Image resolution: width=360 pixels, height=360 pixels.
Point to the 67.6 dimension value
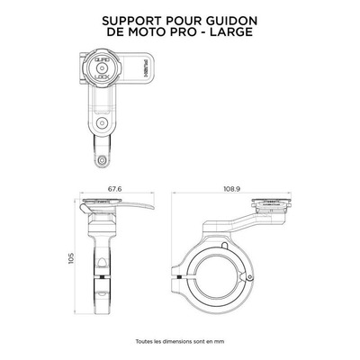(117, 189)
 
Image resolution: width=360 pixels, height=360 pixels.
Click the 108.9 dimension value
(232, 189)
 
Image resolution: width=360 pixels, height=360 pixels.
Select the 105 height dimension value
(71, 258)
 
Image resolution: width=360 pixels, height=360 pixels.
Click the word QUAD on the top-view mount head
(102, 60)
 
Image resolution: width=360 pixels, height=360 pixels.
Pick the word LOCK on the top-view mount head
(102, 77)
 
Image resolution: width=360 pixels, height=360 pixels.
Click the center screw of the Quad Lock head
(102, 68)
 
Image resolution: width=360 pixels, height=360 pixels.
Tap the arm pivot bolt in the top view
(102, 122)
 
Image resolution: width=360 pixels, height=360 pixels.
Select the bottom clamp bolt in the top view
(103, 159)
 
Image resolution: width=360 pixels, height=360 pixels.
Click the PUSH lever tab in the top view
(142, 68)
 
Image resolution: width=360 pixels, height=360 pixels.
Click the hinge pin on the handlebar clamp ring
(249, 277)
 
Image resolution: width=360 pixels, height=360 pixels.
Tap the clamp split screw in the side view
(179, 276)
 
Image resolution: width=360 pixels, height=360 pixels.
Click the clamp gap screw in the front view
(103, 276)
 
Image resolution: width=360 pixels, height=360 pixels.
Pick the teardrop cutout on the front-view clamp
(103, 262)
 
